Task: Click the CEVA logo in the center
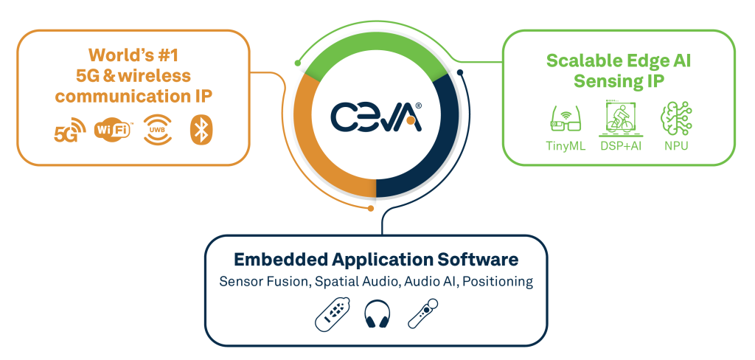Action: tap(376, 116)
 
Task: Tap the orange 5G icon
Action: tap(66, 133)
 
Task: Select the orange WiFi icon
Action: tap(114, 130)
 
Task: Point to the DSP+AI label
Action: tap(622, 145)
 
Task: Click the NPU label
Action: tap(675, 145)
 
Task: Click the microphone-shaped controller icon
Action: tap(422, 314)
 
